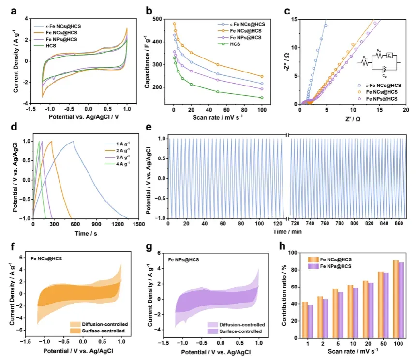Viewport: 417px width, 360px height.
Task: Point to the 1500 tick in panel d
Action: pos(139,224)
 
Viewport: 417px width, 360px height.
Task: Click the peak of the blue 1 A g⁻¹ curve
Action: pos(74,142)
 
